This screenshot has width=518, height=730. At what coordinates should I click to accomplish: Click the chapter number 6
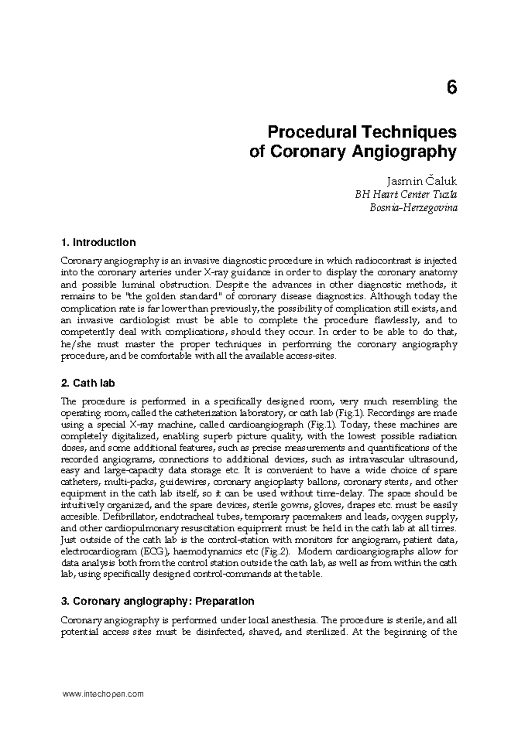[x=451, y=88]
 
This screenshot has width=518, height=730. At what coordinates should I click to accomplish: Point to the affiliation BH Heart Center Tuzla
[x=406, y=194]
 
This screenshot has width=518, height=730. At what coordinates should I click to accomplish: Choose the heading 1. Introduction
[x=98, y=242]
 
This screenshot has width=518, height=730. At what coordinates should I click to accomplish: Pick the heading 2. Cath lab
[x=88, y=383]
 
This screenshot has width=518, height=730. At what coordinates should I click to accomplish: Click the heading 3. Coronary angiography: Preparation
[x=158, y=601]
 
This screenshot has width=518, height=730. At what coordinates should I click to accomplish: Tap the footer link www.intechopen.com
[x=103, y=694]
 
